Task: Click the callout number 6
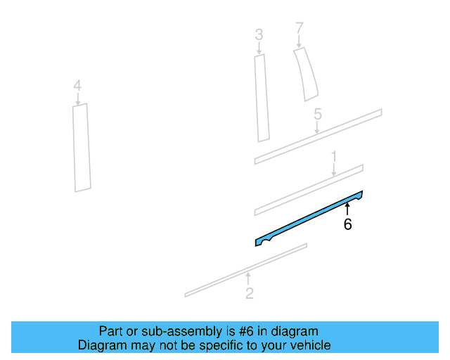347,224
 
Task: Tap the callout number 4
77,86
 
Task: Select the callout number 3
259,34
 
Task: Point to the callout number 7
300,28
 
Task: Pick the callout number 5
318,114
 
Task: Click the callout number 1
334,157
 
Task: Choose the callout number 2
250,293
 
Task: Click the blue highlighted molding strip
309,219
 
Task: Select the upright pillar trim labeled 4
82,148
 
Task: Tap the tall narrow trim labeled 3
262,98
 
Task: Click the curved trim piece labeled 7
307,74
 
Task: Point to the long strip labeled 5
318,136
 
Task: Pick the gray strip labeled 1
309,190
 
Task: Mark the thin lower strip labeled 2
246,270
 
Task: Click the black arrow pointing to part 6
347,209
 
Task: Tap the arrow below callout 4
77,98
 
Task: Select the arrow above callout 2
248,278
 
